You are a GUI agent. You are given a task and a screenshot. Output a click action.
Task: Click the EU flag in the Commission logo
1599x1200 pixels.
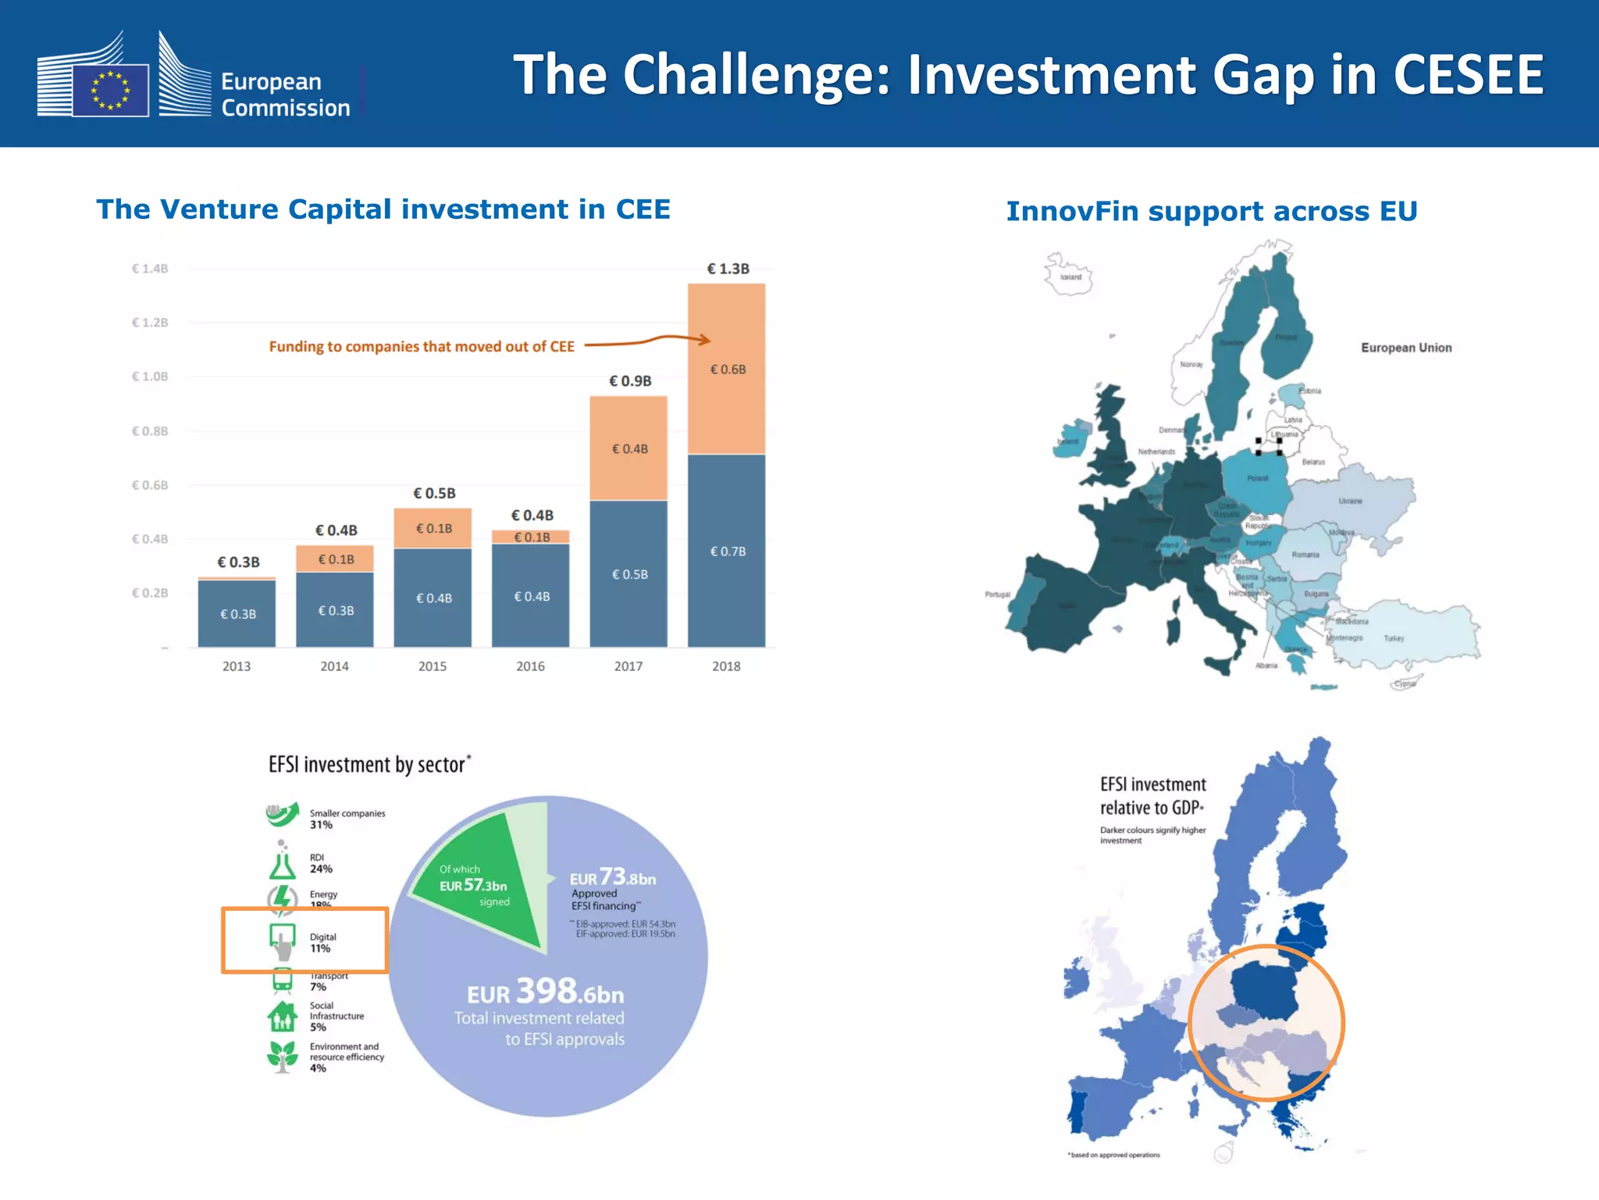[110, 91]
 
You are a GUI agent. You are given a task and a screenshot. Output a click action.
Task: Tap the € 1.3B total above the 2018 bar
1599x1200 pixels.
[728, 269]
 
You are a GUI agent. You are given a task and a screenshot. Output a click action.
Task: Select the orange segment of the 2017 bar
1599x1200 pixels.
[629, 448]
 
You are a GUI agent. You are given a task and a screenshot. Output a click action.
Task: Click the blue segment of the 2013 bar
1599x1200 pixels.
[237, 613]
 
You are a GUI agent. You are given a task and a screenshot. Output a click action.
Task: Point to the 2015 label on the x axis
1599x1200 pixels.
[433, 666]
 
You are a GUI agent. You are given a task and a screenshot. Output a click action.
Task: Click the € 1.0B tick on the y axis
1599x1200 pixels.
[150, 377]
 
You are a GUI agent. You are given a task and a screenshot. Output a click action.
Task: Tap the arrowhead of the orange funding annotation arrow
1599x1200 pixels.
[705, 340]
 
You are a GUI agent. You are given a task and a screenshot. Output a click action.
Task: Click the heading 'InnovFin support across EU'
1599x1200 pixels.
[1211, 212]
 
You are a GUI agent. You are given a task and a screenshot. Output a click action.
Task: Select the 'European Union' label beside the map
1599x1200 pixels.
[1406, 348]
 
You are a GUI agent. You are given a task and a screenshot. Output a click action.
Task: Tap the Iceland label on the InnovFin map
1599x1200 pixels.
[1071, 277]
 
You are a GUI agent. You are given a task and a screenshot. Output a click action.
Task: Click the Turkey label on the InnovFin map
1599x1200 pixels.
[1394, 638]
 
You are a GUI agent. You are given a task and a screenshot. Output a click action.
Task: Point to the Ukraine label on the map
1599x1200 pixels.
[1350, 501]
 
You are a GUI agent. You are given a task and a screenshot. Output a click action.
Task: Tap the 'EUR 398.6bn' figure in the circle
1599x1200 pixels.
[546, 992]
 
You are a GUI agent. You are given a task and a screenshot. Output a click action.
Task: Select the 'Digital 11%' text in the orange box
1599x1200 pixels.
[322, 942]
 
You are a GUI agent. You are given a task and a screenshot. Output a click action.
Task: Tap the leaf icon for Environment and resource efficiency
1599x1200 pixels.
[283, 1055]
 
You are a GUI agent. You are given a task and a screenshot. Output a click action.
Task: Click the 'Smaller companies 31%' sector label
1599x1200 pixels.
[347, 819]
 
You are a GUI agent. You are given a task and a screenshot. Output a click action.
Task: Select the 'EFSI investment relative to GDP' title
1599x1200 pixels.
[1152, 795]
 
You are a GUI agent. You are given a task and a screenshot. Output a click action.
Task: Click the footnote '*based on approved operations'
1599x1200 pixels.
[1114, 1155]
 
